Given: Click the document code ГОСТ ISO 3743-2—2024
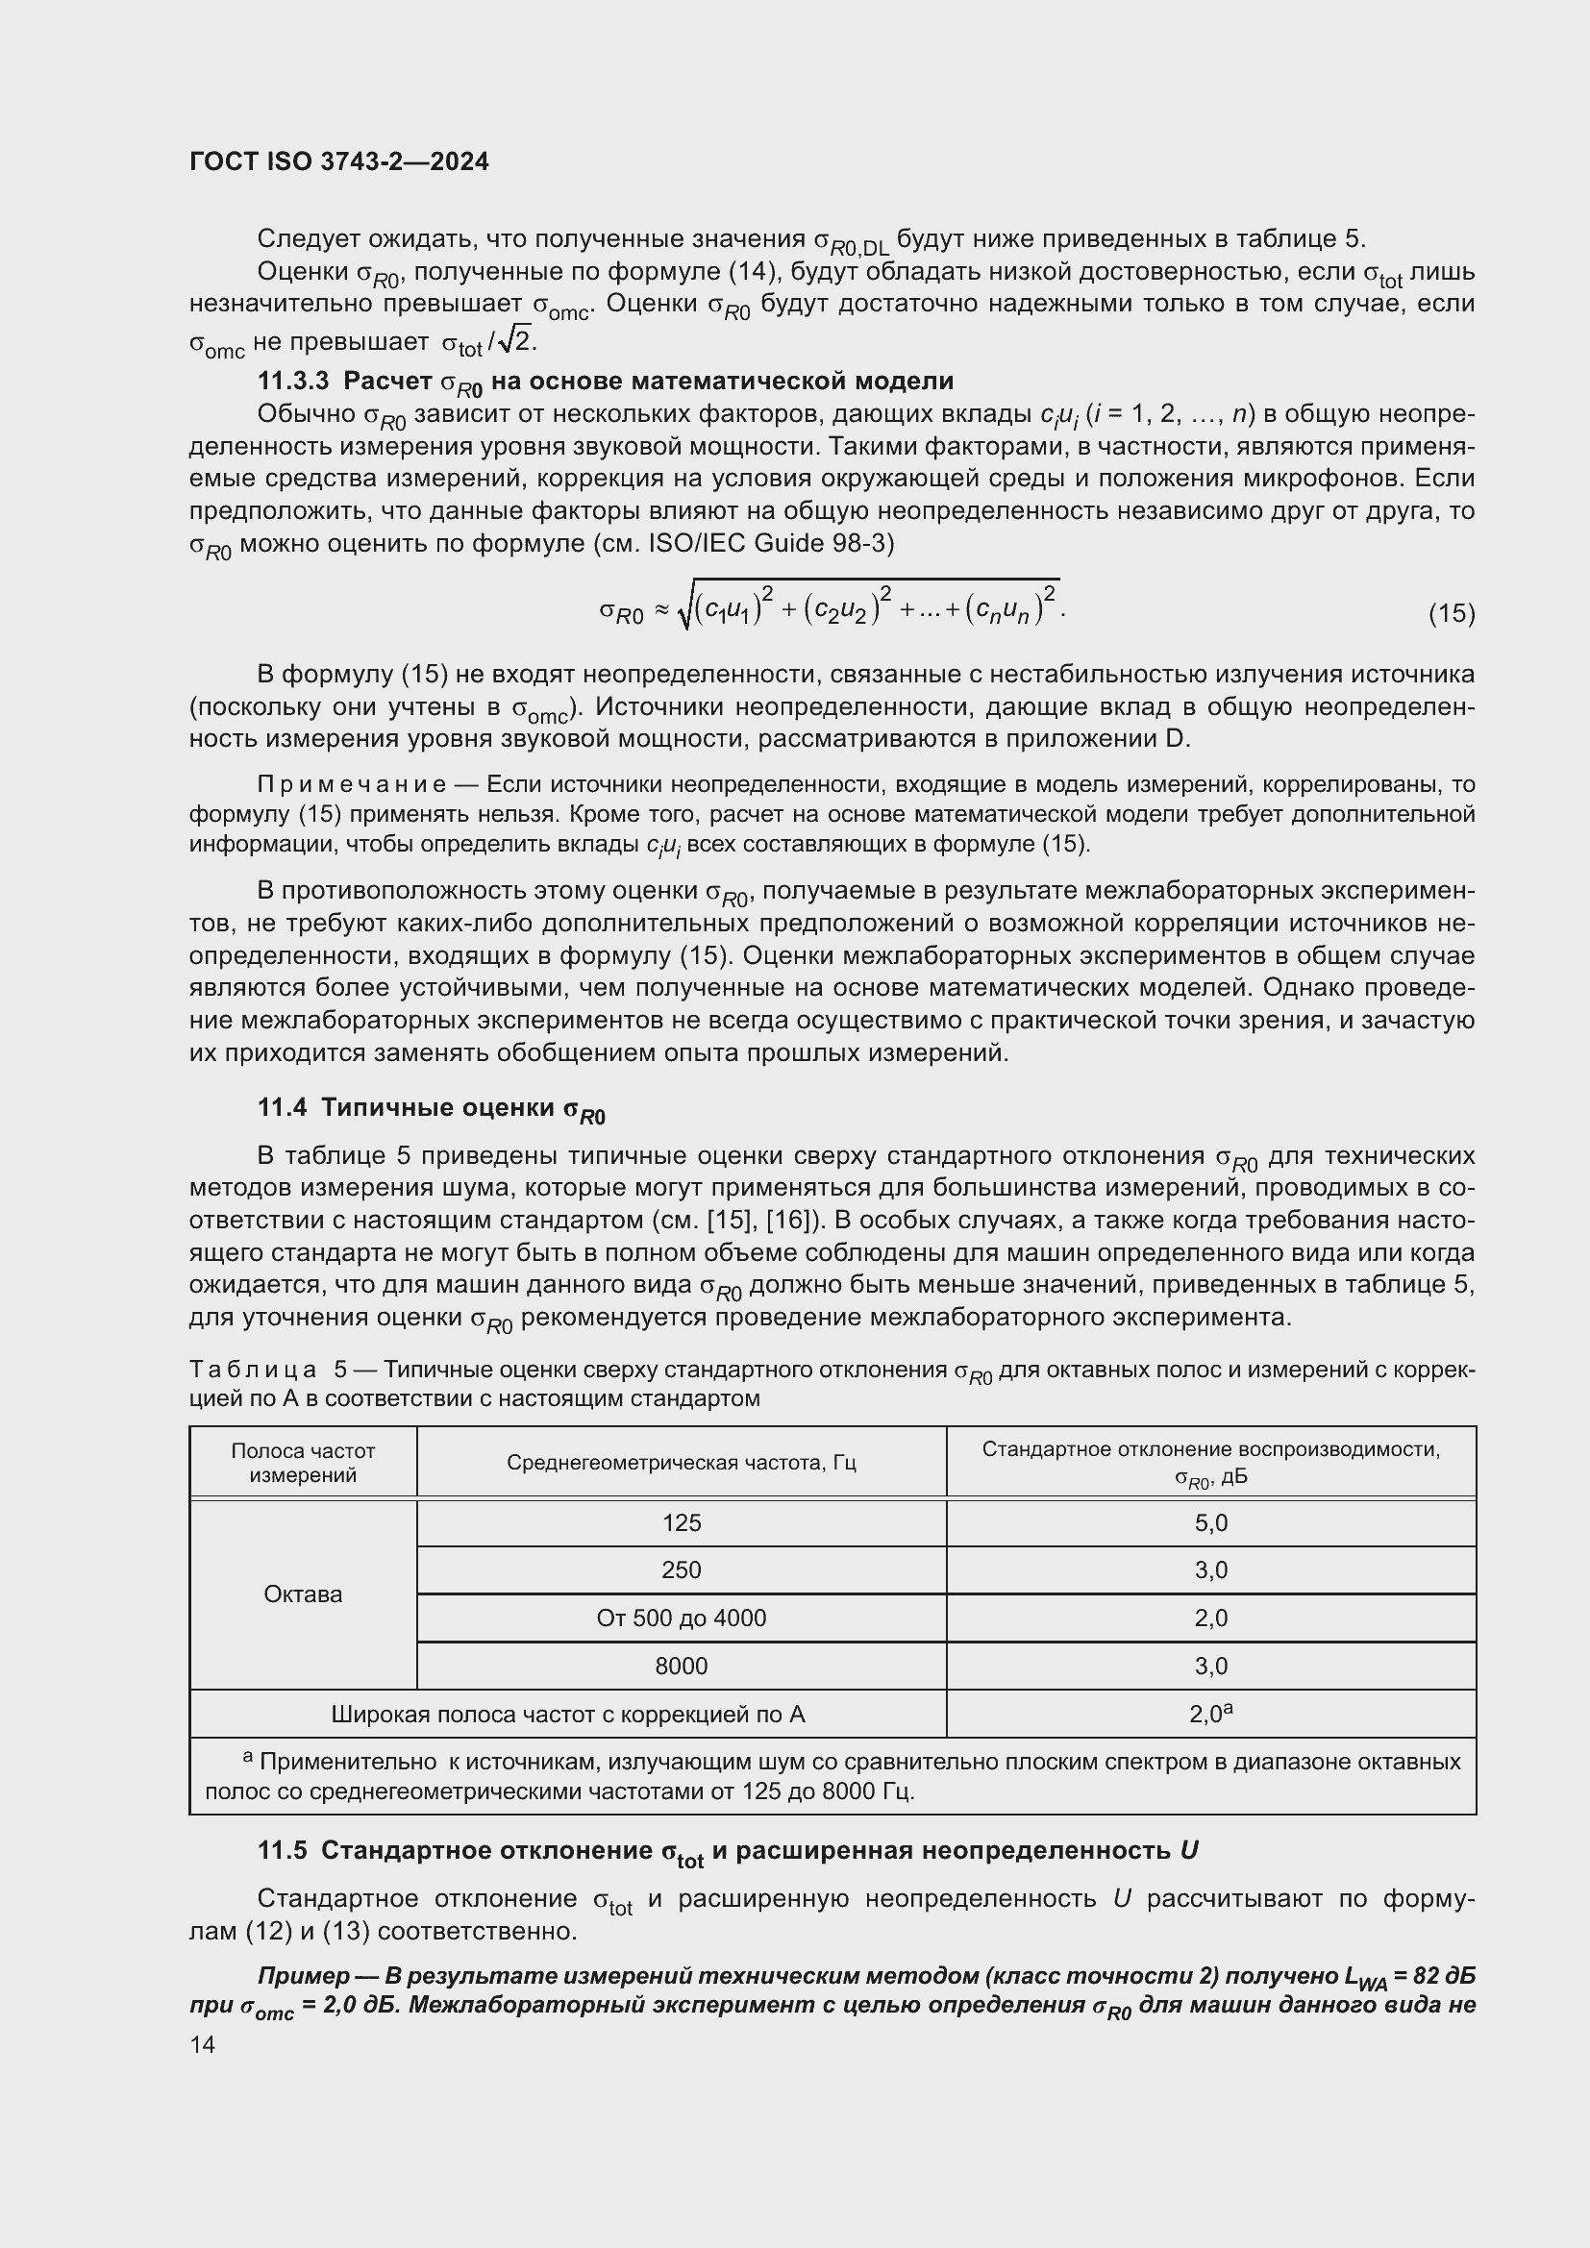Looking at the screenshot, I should (338, 162).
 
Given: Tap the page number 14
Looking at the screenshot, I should (203, 2044).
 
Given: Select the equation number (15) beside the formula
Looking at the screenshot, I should (1451, 613).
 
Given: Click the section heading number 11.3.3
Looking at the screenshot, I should (294, 381).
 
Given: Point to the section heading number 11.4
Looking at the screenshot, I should (282, 1107).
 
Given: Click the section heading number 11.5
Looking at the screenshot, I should (282, 1850).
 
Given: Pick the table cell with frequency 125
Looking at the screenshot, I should (682, 1522).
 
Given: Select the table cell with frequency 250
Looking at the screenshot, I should (682, 1569).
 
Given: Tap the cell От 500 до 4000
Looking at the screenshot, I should (682, 1618).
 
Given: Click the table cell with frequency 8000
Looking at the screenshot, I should (682, 1666).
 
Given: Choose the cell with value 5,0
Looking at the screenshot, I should (1211, 1522).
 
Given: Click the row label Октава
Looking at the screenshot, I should (304, 1593).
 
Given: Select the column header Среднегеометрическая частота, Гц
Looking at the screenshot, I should (682, 1462).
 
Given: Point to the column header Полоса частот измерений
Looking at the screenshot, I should (304, 1462).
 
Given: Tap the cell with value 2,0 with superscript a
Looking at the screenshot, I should (1211, 1714).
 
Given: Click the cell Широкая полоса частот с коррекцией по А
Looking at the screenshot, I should (568, 1714).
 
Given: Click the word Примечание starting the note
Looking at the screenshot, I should (353, 784).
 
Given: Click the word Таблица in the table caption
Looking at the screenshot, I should (253, 1370).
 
